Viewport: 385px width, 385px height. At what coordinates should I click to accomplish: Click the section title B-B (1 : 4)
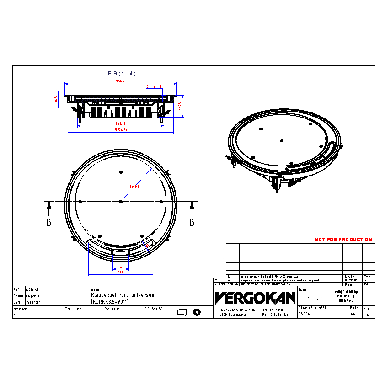pos(122,74)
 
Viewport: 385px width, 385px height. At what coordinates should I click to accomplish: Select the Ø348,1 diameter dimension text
pos(121,81)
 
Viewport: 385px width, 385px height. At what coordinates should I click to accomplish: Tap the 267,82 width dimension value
pos(121,123)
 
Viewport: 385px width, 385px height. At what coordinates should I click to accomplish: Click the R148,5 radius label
pos(134,187)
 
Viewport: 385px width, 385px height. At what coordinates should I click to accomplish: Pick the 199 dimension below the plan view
pos(121,273)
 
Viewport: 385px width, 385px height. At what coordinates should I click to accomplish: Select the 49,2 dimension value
pos(121,266)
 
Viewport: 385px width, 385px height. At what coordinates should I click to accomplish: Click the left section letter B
pos(48,223)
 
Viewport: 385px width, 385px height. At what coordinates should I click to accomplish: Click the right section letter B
pos(192,223)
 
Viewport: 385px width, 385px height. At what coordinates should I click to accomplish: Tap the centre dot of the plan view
pos(121,202)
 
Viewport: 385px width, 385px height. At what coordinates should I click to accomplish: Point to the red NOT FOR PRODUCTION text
pos(343,240)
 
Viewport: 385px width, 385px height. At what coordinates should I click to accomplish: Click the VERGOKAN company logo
pos(255,298)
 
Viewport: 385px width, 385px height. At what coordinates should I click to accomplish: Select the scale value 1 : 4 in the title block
pos(313,299)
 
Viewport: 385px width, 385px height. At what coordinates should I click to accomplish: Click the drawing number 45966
pos(305,315)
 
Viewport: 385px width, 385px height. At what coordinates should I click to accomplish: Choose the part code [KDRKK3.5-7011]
pos(110,302)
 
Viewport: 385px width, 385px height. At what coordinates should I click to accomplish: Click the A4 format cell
pos(353,315)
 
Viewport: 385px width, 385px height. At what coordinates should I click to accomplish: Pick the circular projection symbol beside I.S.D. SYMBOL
pos(197,312)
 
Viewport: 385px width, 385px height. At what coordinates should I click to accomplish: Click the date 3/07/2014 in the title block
pos(34,302)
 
